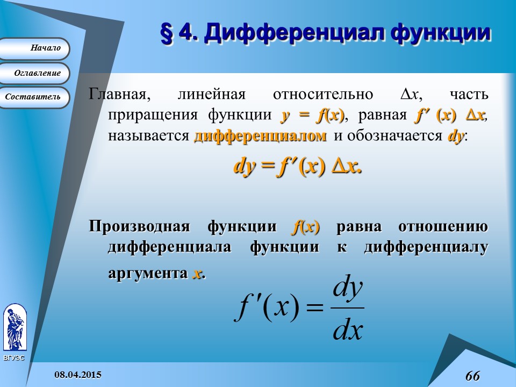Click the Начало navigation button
[34, 48]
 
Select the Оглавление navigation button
[34, 73]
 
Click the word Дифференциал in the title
[295, 33]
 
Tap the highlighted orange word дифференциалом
[260, 136]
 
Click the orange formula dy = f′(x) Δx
[297, 167]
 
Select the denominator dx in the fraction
[348, 329]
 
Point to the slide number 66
[472, 376]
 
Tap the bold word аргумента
[148, 273]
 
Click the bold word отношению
[443, 227]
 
